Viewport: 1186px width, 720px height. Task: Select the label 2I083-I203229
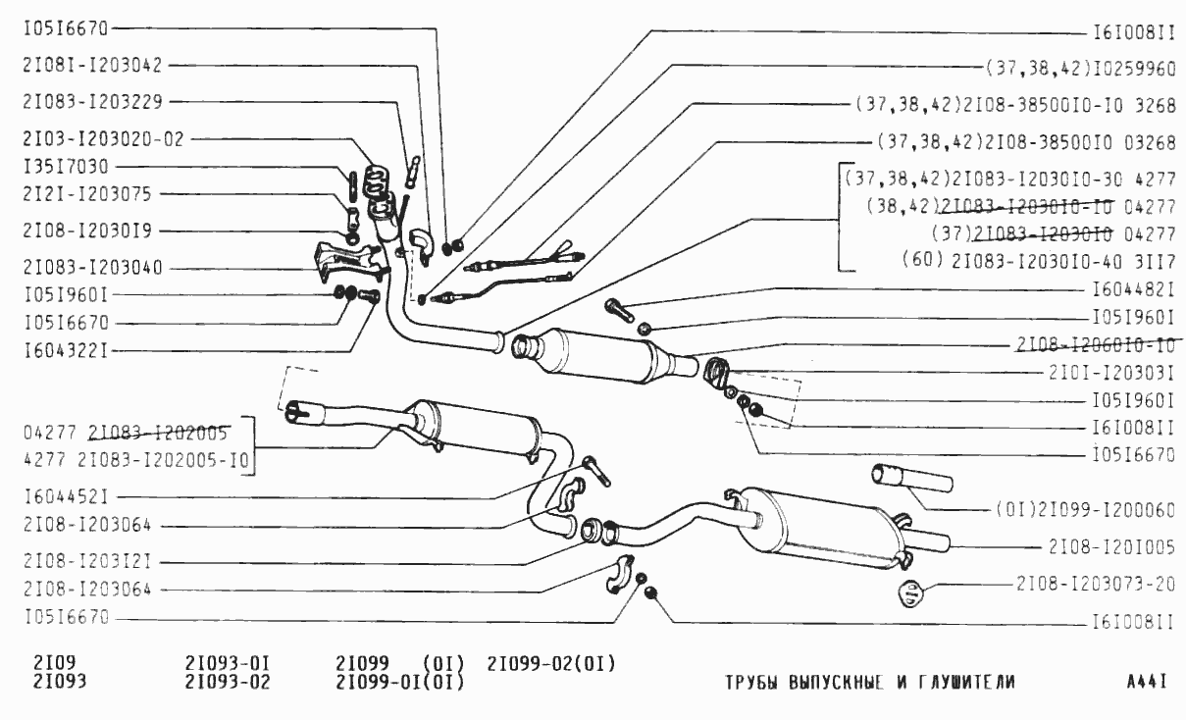pyautogui.click(x=94, y=101)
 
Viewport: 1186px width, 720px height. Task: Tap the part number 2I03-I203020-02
pyautogui.click(x=103, y=138)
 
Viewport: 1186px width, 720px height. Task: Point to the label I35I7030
pyautogui.click(x=66, y=166)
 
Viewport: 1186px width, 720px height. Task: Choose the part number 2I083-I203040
pyautogui.click(x=94, y=267)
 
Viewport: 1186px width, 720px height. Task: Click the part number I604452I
pyautogui.click(x=66, y=498)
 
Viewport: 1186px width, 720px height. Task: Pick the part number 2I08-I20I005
pyautogui.click(x=1111, y=546)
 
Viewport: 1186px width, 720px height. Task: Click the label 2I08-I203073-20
pyautogui.click(x=1097, y=583)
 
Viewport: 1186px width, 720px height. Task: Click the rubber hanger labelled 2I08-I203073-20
pyautogui.click(x=911, y=592)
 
